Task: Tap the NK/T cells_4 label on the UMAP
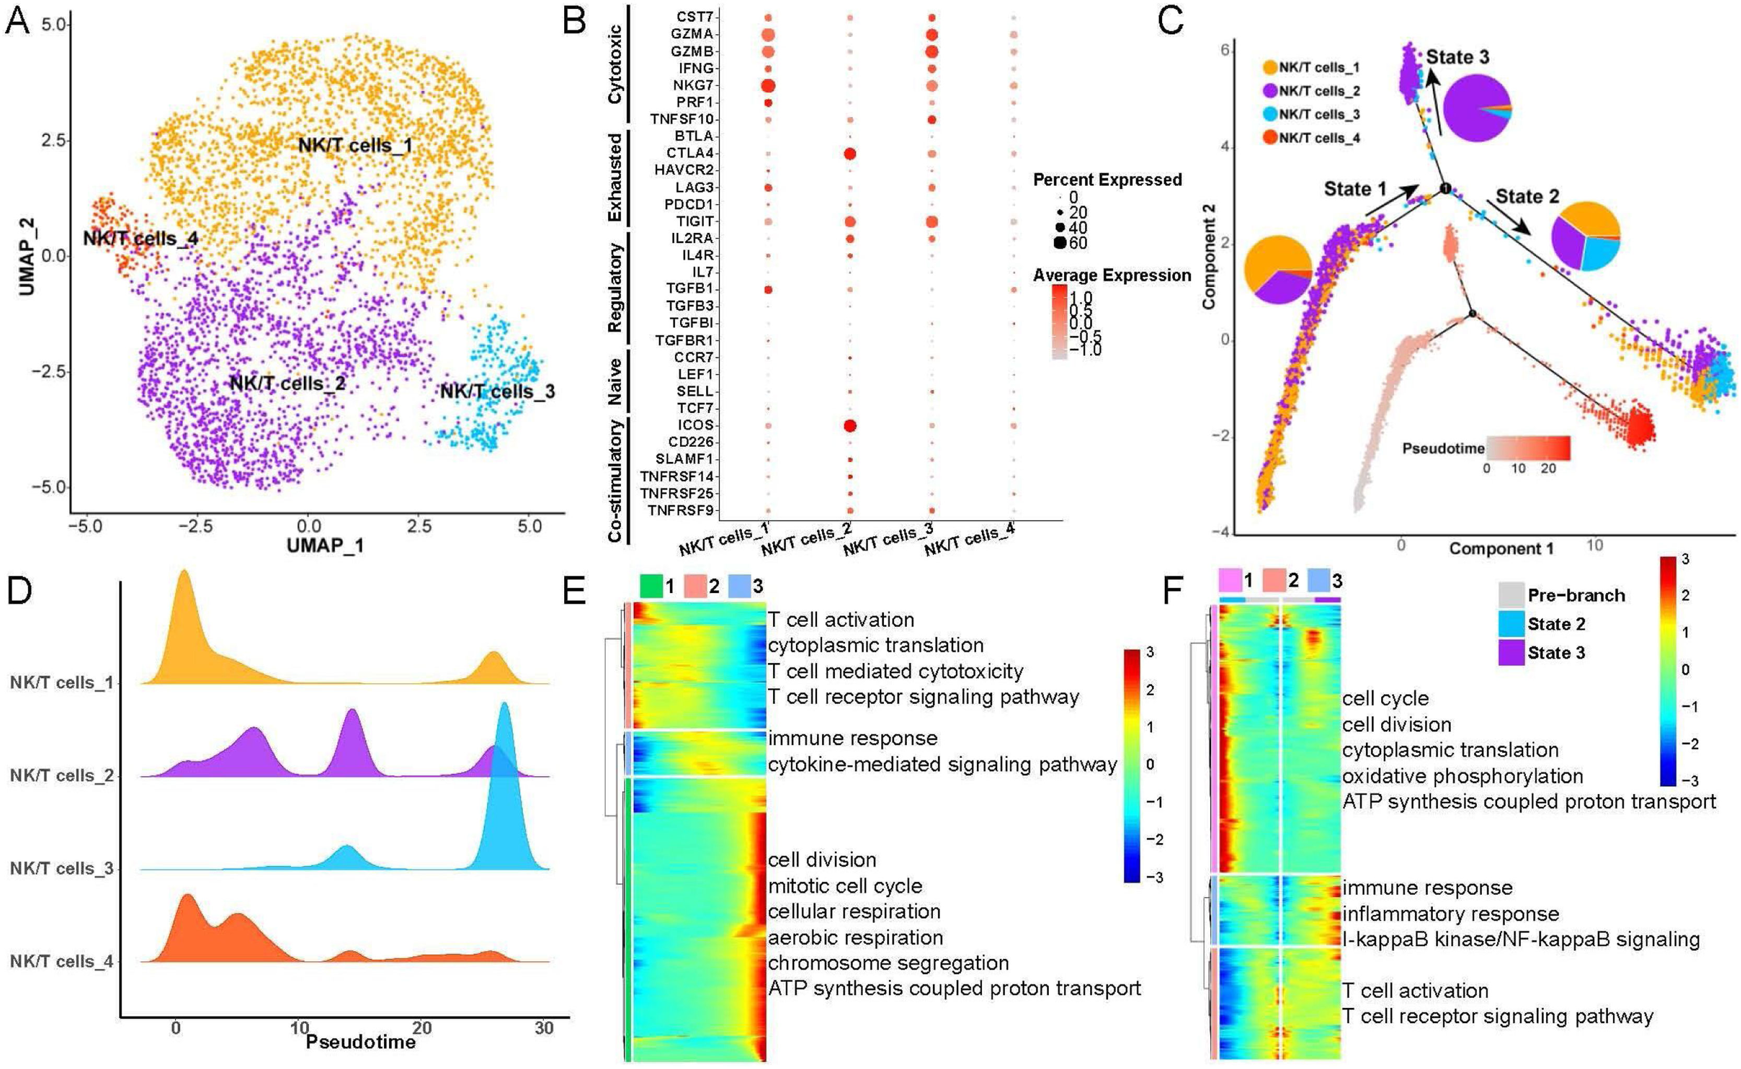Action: [x=140, y=238]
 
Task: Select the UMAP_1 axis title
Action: [x=325, y=545]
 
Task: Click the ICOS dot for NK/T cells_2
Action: [x=850, y=425]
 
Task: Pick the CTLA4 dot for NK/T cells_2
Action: [x=850, y=153]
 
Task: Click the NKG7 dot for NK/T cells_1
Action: [x=767, y=86]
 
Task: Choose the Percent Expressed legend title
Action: [x=1107, y=180]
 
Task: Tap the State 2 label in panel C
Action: [x=1527, y=197]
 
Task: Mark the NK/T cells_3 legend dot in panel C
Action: [x=1269, y=114]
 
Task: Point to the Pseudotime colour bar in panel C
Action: [x=1528, y=447]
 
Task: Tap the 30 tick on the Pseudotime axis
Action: [x=544, y=1028]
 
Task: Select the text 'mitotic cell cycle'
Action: [x=845, y=886]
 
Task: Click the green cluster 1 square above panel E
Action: [x=651, y=586]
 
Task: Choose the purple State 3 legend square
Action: [x=1512, y=652]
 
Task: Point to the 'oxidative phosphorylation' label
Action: [x=1462, y=776]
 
